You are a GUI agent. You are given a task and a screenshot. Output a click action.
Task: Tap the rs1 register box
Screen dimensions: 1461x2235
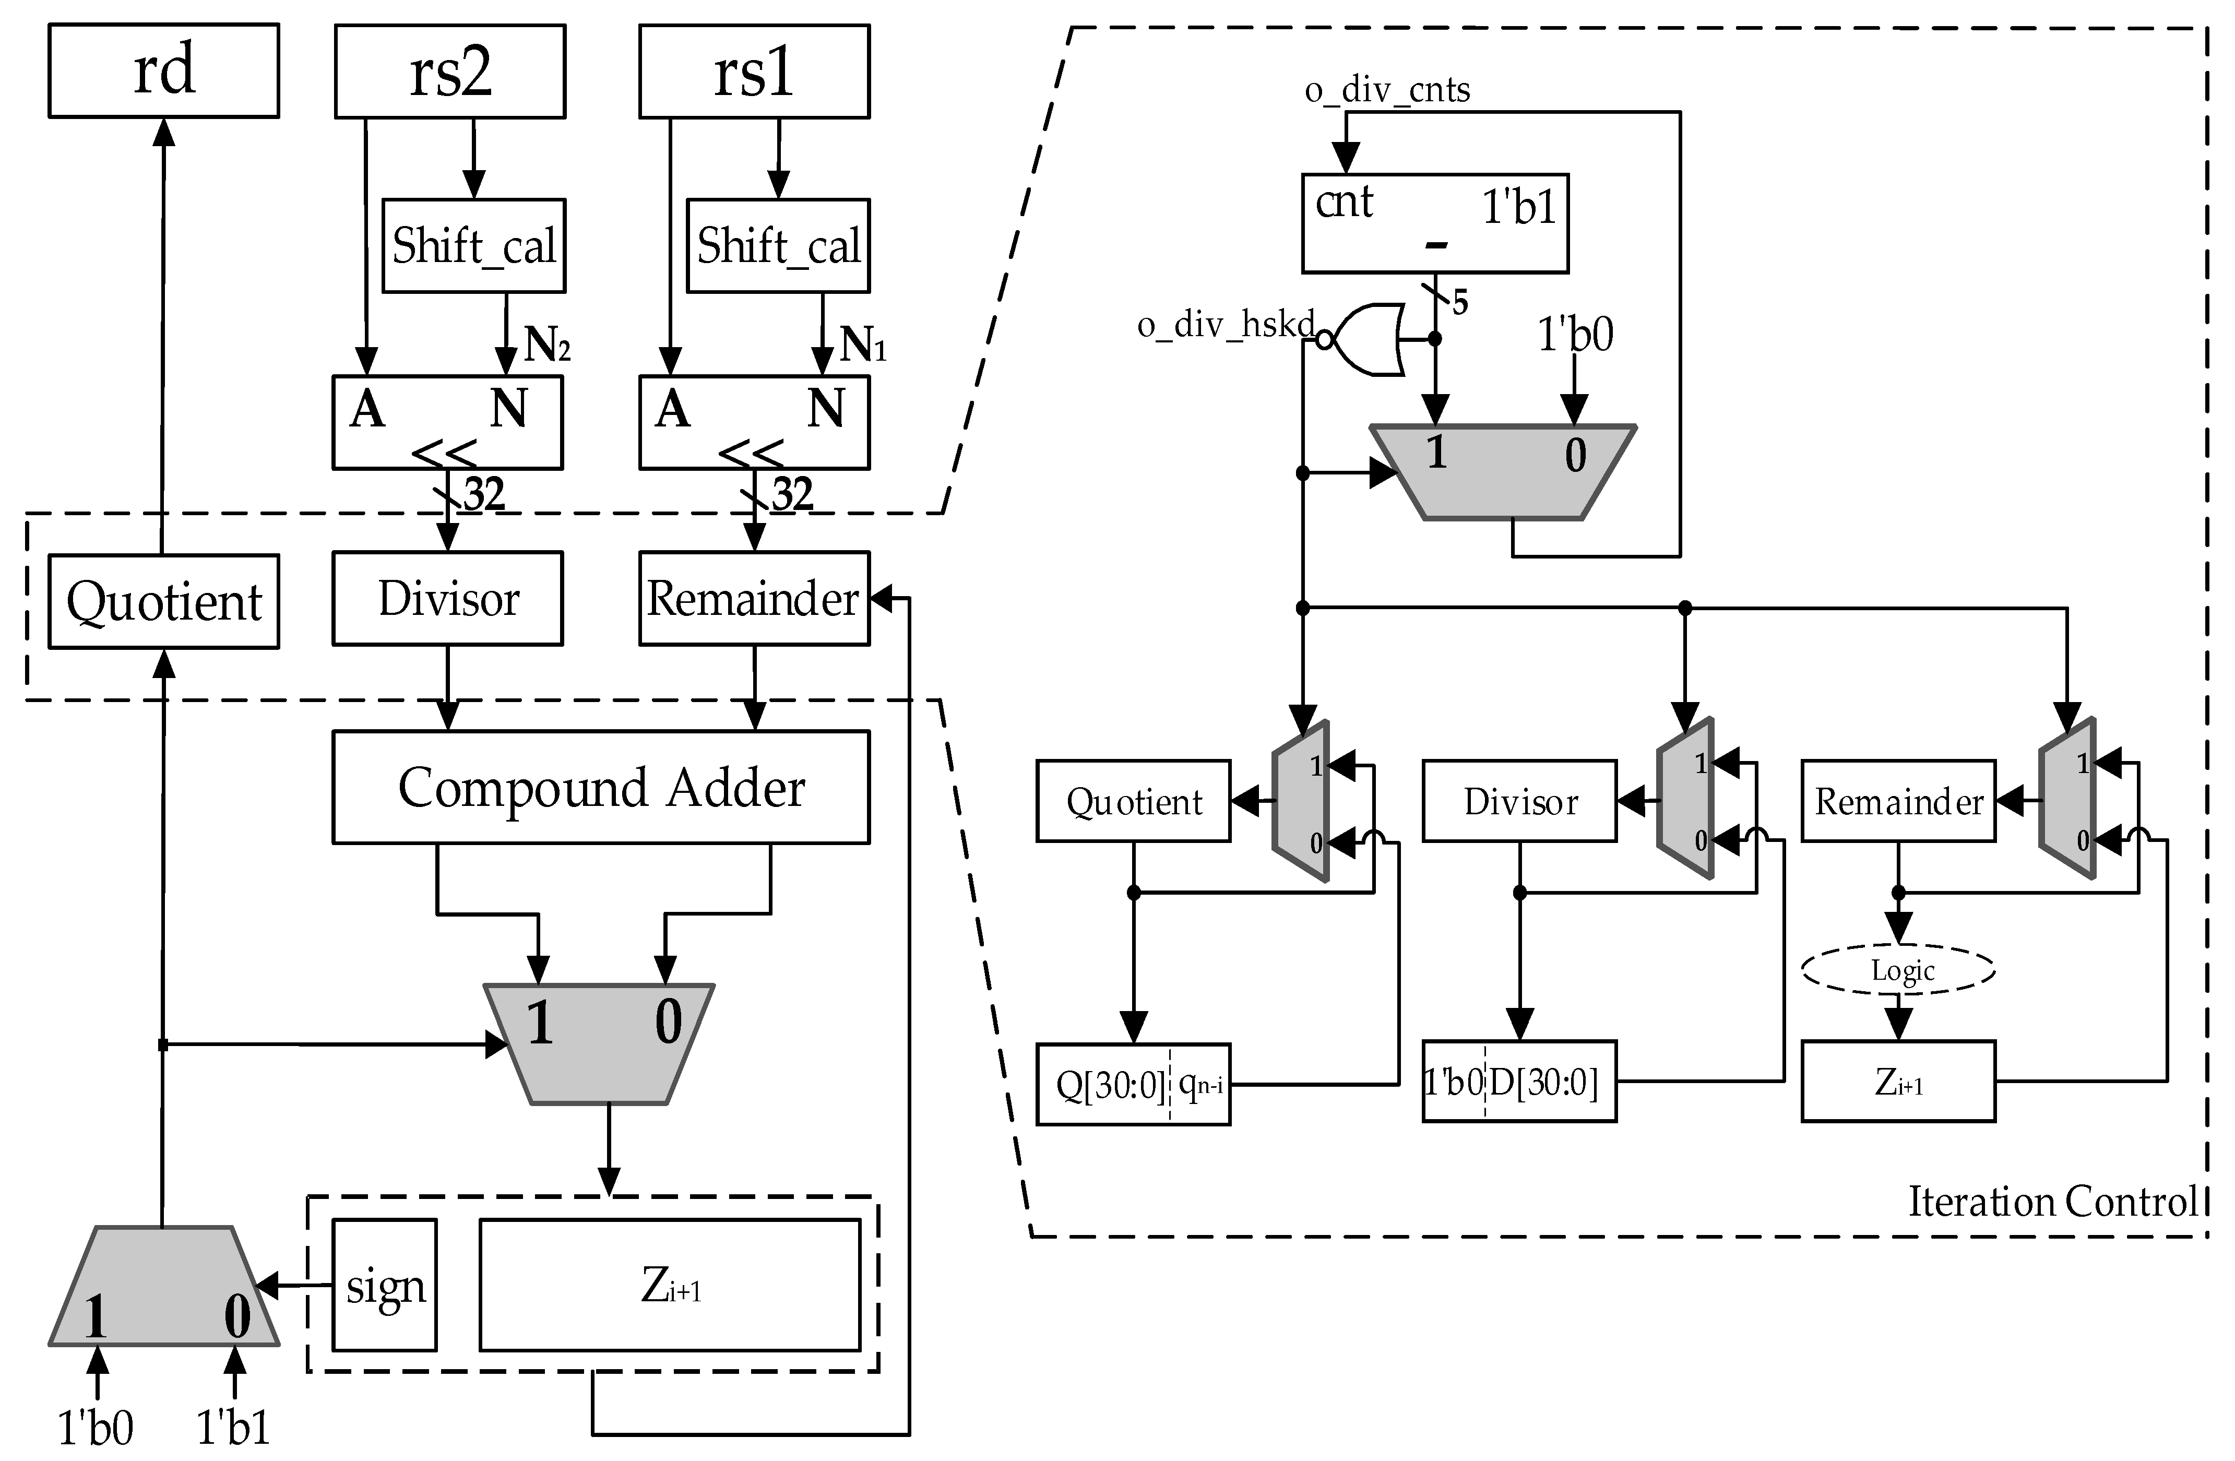coord(754,72)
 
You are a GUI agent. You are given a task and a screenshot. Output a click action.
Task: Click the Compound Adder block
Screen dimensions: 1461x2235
coord(601,787)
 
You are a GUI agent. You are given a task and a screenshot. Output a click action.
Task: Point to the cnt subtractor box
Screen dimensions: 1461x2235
coord(1434,223)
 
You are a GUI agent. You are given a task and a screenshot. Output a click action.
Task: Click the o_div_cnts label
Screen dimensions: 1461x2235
coord(1387,90)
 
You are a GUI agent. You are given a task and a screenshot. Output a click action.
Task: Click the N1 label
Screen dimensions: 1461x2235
coord(862,345)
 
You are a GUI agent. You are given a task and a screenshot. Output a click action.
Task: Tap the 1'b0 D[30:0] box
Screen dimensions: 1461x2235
coord(1518,1082)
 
